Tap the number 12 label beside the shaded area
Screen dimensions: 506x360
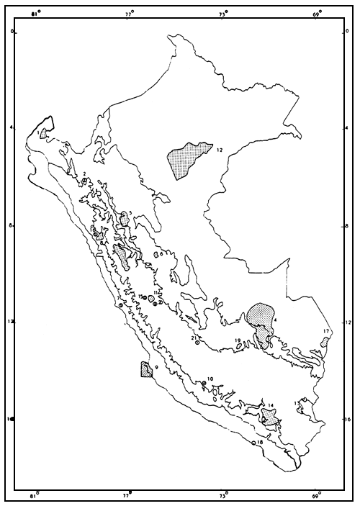point(220,150)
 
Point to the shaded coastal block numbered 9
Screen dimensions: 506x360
point(146,370)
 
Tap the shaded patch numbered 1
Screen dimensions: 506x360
point(44,132)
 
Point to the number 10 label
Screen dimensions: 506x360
point(210,379)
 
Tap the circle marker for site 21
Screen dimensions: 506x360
point(197,344)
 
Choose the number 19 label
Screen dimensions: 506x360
point(237,340)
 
